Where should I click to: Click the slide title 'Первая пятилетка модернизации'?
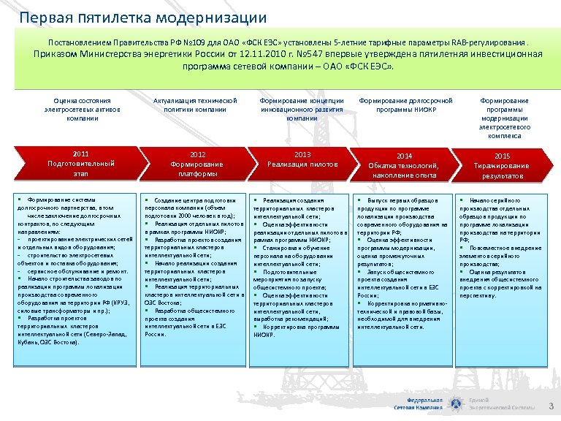tap(143, 17)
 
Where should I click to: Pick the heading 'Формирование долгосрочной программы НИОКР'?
tap(404, 105)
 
